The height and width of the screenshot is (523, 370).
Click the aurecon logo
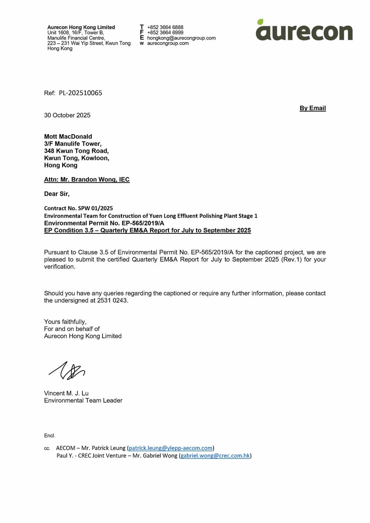(304, 30)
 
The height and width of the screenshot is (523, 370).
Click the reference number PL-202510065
(80, 93)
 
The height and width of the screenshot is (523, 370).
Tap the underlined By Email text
(313, 108)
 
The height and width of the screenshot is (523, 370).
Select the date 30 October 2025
(67, 115)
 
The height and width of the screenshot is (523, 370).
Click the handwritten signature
(67, 371)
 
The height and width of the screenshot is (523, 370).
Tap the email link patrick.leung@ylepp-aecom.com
(170, 448)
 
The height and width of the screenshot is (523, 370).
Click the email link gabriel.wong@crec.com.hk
(215, 456)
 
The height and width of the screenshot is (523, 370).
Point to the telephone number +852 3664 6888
(165, 27)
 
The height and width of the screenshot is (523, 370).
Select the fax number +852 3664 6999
(165, 32)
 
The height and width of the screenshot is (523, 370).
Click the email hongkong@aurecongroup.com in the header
(181, 38)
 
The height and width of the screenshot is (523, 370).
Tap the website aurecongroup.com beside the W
(168, 43)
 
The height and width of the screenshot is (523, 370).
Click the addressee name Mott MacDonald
(68, 136)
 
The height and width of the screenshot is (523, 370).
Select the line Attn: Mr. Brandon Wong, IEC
(87, 179)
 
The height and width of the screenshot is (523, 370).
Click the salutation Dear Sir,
(57, 194)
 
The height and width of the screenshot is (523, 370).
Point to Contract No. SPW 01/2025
(78, 208)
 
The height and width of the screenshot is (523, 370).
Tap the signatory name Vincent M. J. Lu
(66, 393)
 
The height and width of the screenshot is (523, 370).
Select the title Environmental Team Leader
(83, 400)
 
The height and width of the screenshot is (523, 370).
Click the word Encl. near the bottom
(50, 435)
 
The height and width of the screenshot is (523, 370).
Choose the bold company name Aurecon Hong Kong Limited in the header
(81, 27)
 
